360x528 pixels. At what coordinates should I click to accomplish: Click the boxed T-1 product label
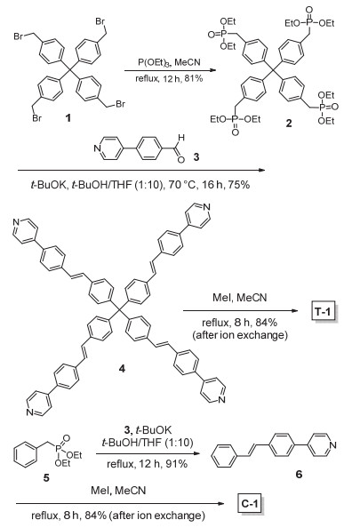pyautogui.click(x=323, y=312)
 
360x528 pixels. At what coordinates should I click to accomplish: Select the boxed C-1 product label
pyautogui.click(x=249, y=504)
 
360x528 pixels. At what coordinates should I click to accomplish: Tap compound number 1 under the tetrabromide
pyautogui.click(x=68, y=118)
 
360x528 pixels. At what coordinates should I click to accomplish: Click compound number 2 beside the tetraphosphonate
pyautogui.click(x=289, y=124)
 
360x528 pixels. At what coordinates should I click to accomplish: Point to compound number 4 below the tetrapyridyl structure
pyautogui.click(x=122, y=369)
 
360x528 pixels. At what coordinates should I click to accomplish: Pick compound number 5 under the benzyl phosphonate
pyautogui.click(x=46, y=477)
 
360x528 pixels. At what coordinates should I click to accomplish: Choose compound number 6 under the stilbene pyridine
pyautogui.click(x=299, y=475)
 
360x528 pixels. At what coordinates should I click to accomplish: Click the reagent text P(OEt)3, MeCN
pyautogui.click(x=169, y=62)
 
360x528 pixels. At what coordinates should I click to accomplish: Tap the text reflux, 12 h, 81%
pyautogui.click(x=169, y=79)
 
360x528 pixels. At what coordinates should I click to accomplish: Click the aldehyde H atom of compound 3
pyautogui.click(x=181, y=138)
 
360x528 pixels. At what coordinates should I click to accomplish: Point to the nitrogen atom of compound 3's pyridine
pyautogui.click(x=97, y=148)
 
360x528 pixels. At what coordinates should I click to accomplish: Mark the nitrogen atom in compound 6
pyautogui.click(x=333, y=444)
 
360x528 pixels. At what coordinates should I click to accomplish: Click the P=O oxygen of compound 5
pyautogui.click(x=67, y=437)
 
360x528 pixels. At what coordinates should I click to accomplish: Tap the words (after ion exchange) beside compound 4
pyautogui.click(x=240, y=335)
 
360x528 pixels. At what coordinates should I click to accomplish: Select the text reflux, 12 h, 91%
pyautogui.click(x=147, y=464)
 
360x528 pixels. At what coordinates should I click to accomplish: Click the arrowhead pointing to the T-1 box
pyautogui.click(x=295, y=310)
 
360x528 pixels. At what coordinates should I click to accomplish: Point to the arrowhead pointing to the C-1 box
pyautogui.click(x=220, y=504)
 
